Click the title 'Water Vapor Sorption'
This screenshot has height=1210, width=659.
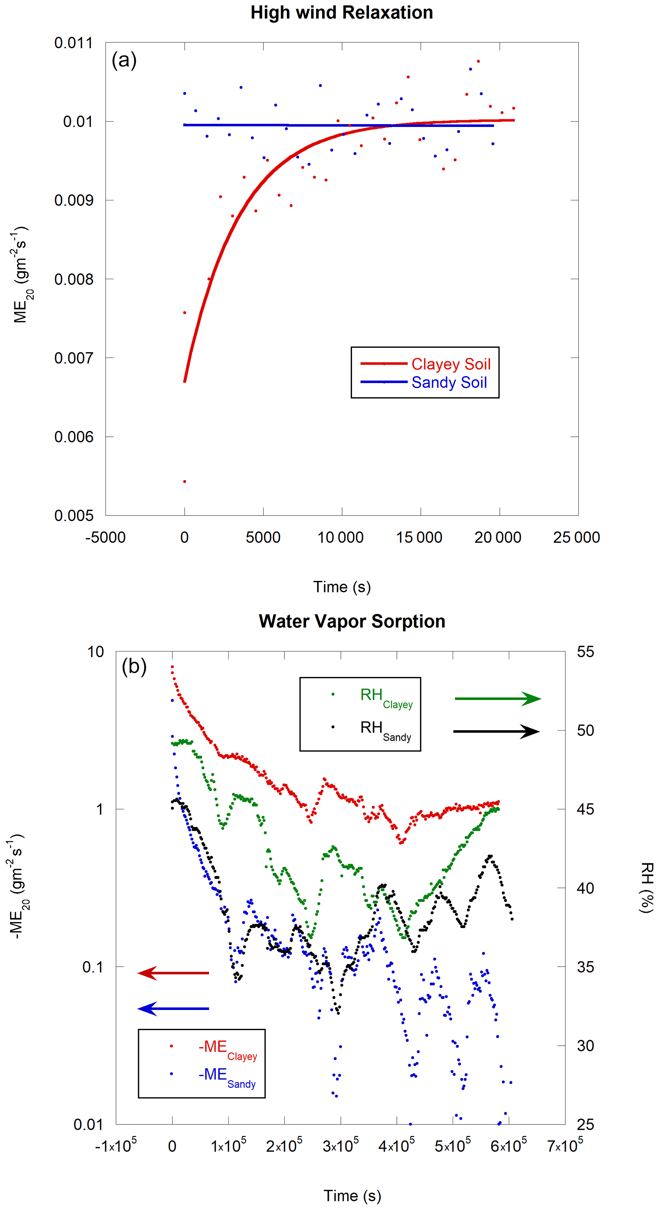coord(352,621)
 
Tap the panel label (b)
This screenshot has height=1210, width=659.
coord(134,666)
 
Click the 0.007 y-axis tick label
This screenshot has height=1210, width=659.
coord(74,358)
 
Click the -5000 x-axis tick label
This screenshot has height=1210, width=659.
coord(106,537)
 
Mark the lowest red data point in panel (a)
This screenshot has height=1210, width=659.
coord(185,481)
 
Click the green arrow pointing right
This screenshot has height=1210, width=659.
coord(498,699)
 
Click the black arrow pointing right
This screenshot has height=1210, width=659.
coord(496,731)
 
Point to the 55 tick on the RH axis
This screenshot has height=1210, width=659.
coord(585,652)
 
